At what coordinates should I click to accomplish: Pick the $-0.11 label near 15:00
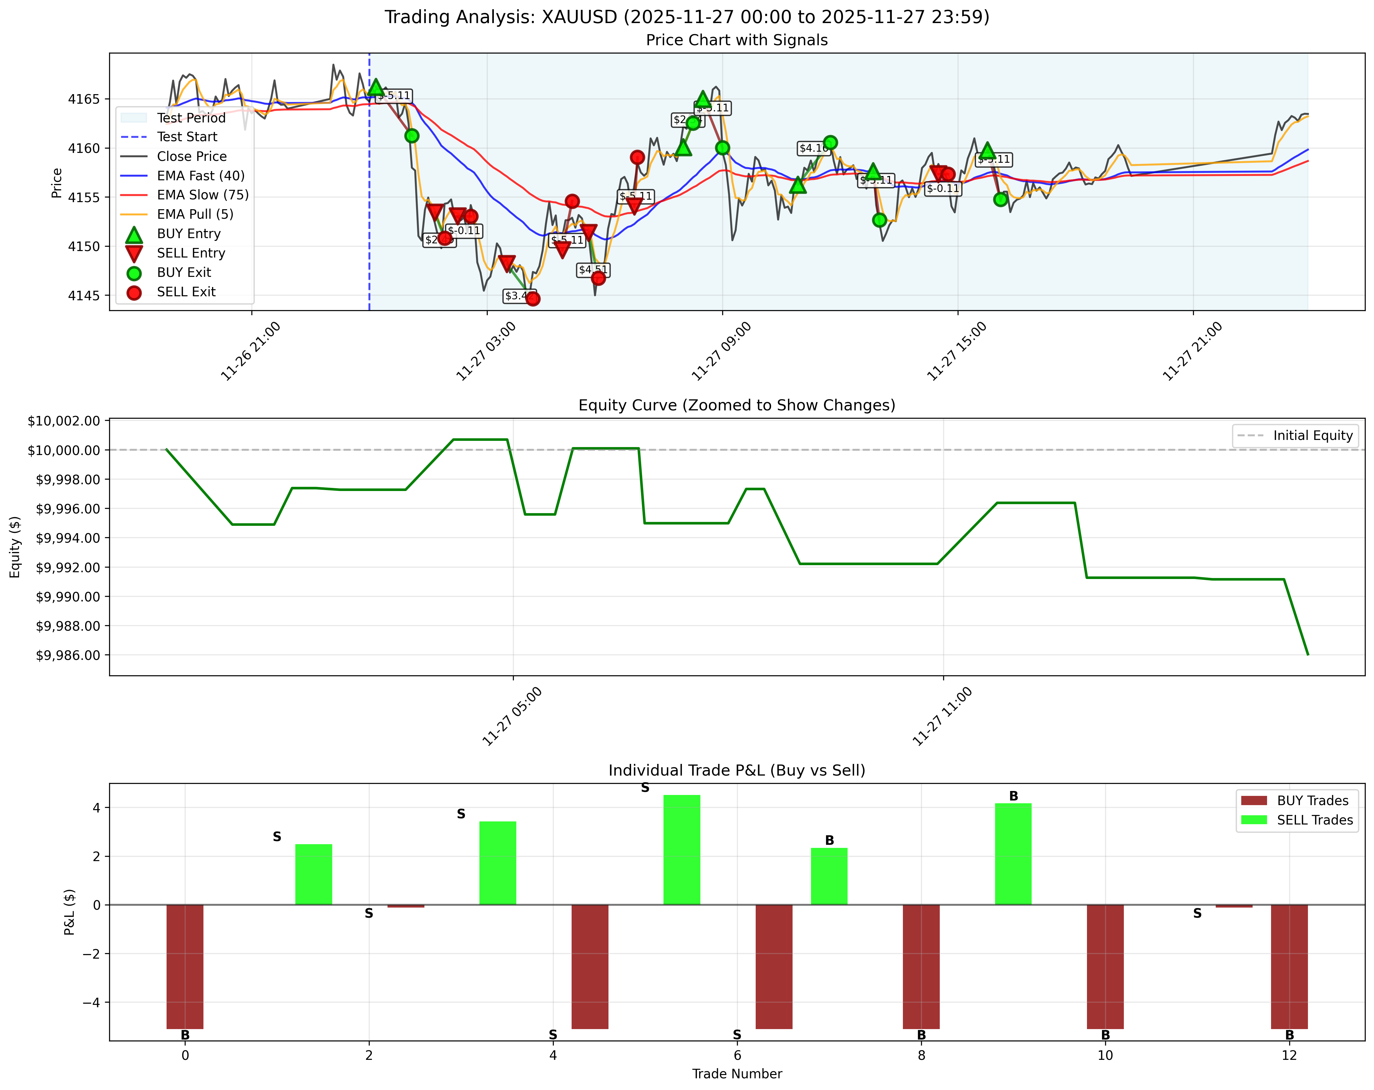pos(943,188)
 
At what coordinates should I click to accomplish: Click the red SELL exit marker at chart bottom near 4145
pos(533,298)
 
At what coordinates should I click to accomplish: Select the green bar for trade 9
pos(1013,853)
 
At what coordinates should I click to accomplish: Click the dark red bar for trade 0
pos(185,966)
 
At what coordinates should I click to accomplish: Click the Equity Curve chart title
pos(737,406)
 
